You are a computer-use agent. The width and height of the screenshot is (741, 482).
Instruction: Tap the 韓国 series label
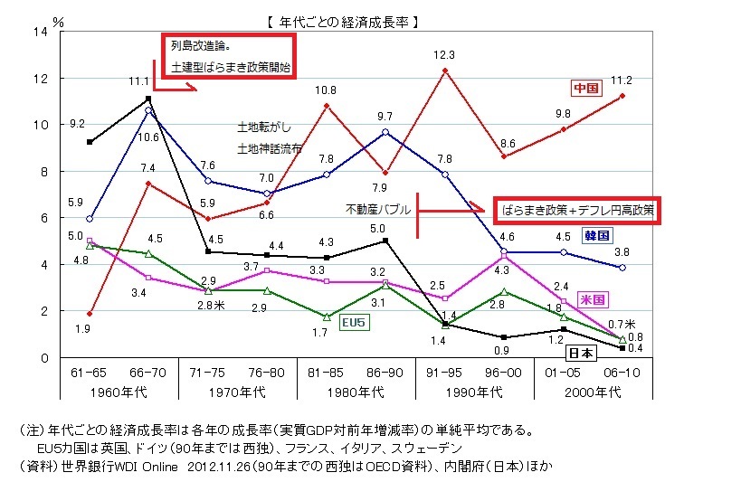[597, 236]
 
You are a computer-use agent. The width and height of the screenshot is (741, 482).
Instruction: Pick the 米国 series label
[593, 298]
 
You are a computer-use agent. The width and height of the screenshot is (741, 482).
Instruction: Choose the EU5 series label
[352, 321]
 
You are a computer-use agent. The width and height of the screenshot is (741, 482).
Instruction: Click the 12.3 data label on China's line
[443, 55]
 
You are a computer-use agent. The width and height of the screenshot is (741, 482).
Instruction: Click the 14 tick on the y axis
[39, 33]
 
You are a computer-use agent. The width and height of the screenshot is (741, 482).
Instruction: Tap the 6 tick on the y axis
[43, 218]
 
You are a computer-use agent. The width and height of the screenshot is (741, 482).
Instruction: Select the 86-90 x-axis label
[385, 372]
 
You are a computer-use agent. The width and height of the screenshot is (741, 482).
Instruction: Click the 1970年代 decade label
[237, 392]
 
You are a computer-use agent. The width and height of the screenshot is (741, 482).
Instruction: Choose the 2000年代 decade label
[593, 392]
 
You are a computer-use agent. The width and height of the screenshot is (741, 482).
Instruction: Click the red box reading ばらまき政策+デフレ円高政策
[577, 210]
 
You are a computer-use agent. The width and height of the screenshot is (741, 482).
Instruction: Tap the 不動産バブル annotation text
[377, 209]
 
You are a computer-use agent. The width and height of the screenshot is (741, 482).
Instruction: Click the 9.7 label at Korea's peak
[385, 116]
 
